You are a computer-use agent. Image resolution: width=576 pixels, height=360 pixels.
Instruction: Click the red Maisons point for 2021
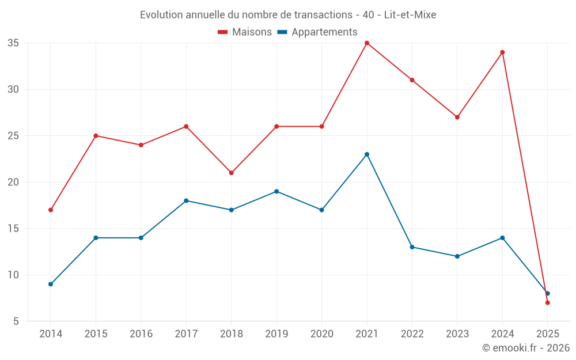367,43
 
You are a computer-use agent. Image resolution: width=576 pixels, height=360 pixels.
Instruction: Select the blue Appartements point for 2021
367,154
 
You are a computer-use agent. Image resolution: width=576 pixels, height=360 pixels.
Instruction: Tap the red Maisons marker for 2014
51,210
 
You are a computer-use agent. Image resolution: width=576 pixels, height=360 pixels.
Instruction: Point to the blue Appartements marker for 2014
51,284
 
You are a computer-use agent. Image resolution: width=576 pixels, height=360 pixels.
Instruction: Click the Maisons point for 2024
502,52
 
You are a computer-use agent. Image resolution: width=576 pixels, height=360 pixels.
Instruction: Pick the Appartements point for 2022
412,247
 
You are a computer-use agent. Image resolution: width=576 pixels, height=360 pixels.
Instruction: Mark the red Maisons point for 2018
231,173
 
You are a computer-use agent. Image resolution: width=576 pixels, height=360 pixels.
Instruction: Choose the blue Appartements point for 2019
276,191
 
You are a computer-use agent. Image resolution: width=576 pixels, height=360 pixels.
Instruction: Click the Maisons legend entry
245,32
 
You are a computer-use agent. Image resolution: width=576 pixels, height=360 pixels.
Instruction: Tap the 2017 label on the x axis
186,334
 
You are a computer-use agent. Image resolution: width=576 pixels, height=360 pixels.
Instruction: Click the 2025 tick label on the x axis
547,334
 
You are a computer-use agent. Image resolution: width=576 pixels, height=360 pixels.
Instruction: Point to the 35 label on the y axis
13,43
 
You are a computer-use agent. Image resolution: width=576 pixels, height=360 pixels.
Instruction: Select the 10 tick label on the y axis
13,275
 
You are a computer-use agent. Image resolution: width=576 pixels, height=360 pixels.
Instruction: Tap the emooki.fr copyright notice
525,348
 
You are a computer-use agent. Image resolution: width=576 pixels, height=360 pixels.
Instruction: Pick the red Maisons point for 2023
457,117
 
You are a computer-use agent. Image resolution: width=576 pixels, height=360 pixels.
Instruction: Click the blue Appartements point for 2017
186,200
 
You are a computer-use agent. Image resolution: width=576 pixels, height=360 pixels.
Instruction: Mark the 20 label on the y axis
13,182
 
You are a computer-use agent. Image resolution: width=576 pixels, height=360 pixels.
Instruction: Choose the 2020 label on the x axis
321,334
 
